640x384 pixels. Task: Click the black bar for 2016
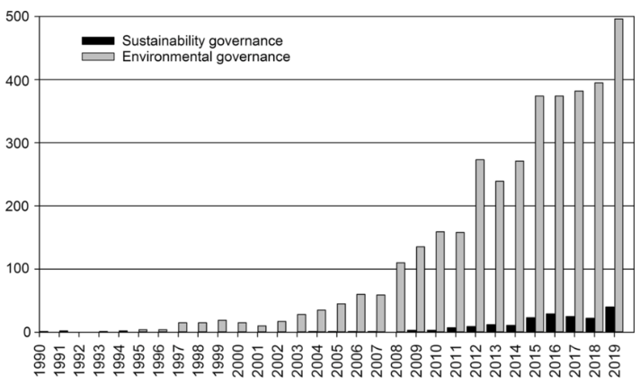tap(550, 323)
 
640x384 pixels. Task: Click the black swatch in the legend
tap(98, 40)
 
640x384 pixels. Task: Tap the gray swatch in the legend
tap(98, 57)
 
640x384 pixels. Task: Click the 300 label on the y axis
tap(19, 143)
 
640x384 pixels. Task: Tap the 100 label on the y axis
tap(19, 269)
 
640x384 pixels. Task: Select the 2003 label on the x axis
tap(300, 359)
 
